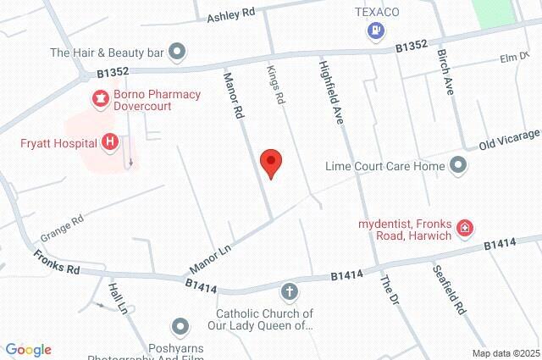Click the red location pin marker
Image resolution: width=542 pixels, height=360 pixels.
(270, 163)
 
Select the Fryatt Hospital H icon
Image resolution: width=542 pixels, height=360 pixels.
(108, 142)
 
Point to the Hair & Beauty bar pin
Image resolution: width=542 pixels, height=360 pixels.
(177, 53)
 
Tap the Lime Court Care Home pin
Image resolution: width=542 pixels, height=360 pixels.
(458, 165)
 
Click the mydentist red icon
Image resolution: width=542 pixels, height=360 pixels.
(464, 227)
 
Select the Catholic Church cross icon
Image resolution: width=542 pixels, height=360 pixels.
(289, 293)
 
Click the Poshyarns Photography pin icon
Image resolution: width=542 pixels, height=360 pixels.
(180, 326)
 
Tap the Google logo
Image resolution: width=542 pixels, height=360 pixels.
(28, 350)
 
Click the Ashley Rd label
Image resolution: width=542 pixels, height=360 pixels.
(231, 14)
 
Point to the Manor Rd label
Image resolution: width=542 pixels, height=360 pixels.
(233, 93)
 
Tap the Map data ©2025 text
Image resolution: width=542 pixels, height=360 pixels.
(506, 353)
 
